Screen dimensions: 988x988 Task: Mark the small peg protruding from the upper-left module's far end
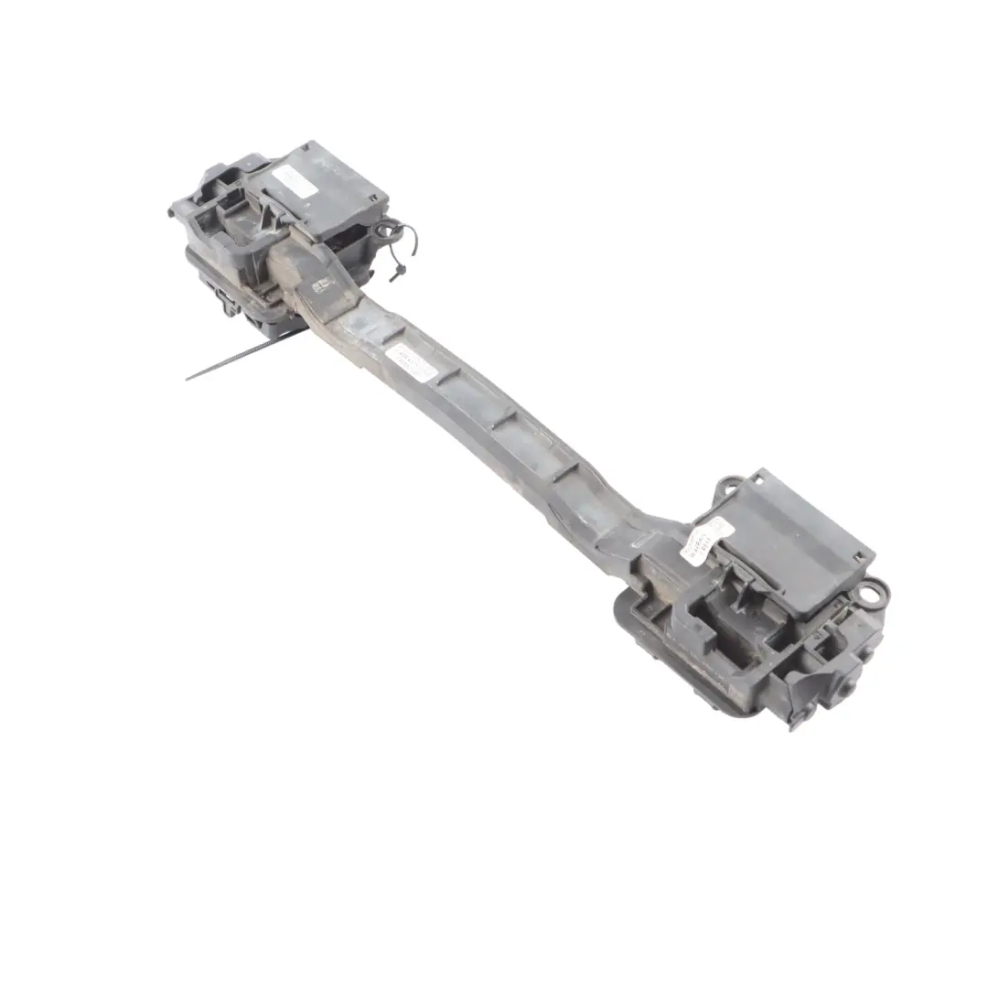point(171,213)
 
